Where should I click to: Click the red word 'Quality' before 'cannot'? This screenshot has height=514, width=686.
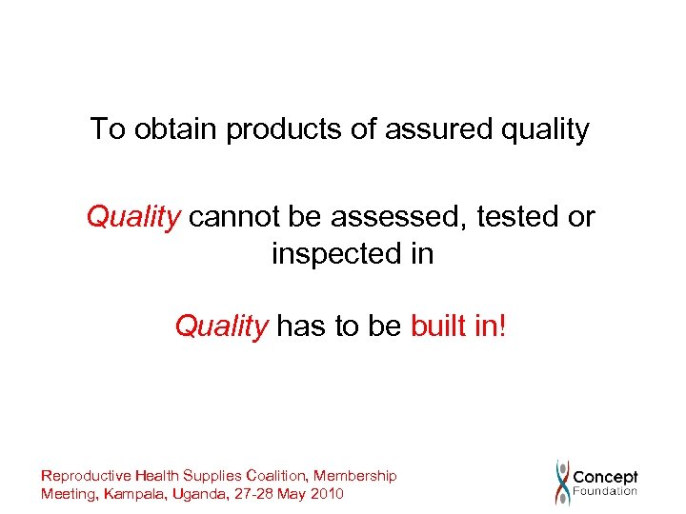pos(133,218)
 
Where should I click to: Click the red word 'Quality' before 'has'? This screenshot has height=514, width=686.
pos(221,326)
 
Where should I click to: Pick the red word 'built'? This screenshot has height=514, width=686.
pos(437,326)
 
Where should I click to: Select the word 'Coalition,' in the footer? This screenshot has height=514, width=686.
pos(278,476)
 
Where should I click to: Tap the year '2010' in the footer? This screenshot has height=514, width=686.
pos(326,494)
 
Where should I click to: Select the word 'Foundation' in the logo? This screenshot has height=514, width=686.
pos(605,492)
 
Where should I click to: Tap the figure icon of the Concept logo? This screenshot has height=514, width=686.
pos(563,483)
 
